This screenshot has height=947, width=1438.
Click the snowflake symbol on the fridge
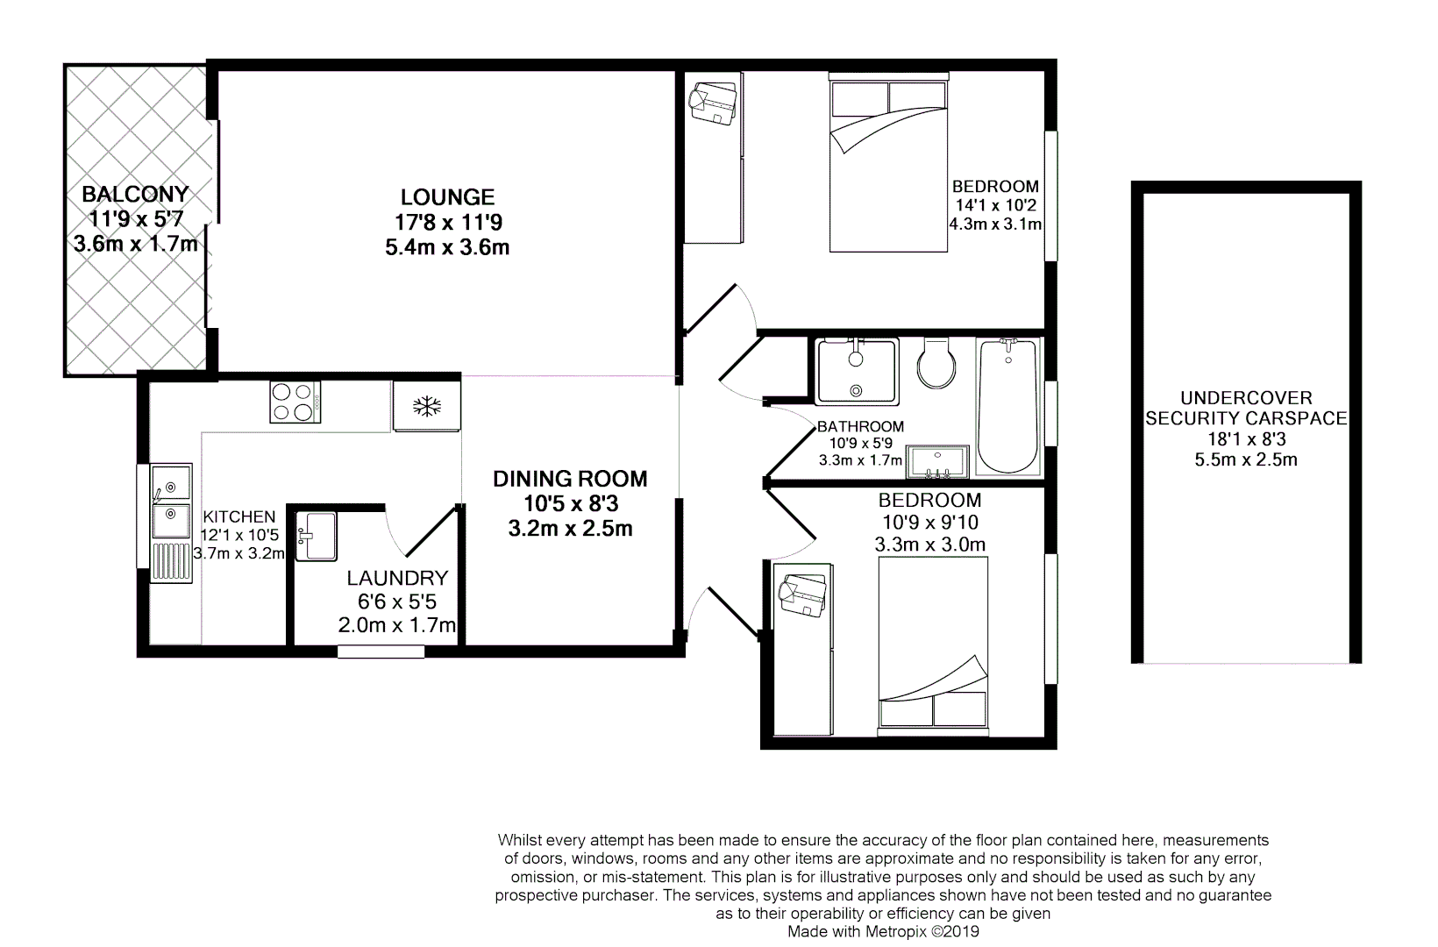(x=427, y=406)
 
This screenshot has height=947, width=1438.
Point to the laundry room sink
(x=317, y=535)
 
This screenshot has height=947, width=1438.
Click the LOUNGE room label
(x=447, y=197)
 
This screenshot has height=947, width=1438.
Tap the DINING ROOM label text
(x=570, y=479)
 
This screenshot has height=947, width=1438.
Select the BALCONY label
(x=135, y=194)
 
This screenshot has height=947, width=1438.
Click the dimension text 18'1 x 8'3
(x=1245, y=439)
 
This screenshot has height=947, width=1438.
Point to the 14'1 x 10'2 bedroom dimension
(x=995, y=205)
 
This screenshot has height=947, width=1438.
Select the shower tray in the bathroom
(x=857, y=372)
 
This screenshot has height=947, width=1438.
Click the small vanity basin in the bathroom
(x=937, y=461)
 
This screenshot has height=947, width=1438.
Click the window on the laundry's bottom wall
(x=381, y=652)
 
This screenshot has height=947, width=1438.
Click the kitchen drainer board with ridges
(x=172, y=562)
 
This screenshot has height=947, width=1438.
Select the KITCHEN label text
(x=238, y=517)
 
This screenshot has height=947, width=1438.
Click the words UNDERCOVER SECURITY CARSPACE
(x=1245, y=408)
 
